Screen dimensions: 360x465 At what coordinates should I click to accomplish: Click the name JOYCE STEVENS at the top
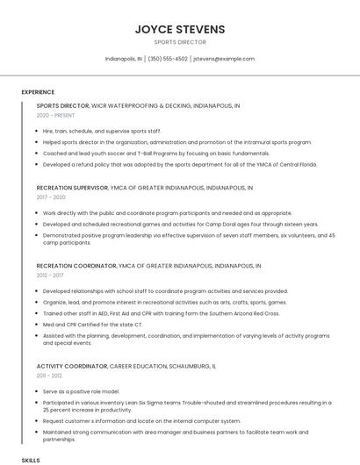[x=179, y=30]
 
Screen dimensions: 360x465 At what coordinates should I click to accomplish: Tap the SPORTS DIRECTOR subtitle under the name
[x=179, y=42]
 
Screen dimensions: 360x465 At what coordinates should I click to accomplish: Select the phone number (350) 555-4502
[x=168, y=59]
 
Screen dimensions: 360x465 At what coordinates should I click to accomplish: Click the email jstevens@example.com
[x=224, y=59]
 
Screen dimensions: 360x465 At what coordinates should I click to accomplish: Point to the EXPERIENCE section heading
[x=38, y=92]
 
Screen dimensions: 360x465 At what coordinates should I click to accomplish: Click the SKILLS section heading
[x=31, y=460]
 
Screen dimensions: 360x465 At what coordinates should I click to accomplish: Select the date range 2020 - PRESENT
[x=55, y=115]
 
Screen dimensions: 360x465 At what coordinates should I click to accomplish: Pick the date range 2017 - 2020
[x=51, y=197]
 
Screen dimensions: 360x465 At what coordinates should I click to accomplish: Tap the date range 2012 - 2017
[x=50, y=275]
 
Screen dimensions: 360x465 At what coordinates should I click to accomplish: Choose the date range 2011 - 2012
[x=49, y=376]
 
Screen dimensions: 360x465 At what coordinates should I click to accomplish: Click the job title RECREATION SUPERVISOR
[x=72, y=188]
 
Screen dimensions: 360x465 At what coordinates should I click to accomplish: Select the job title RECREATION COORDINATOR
[x=76, y=265]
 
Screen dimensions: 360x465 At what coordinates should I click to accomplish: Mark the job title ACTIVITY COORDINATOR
[x=71, y=366]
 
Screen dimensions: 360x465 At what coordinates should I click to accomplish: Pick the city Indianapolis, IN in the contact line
[x=123, y=59]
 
